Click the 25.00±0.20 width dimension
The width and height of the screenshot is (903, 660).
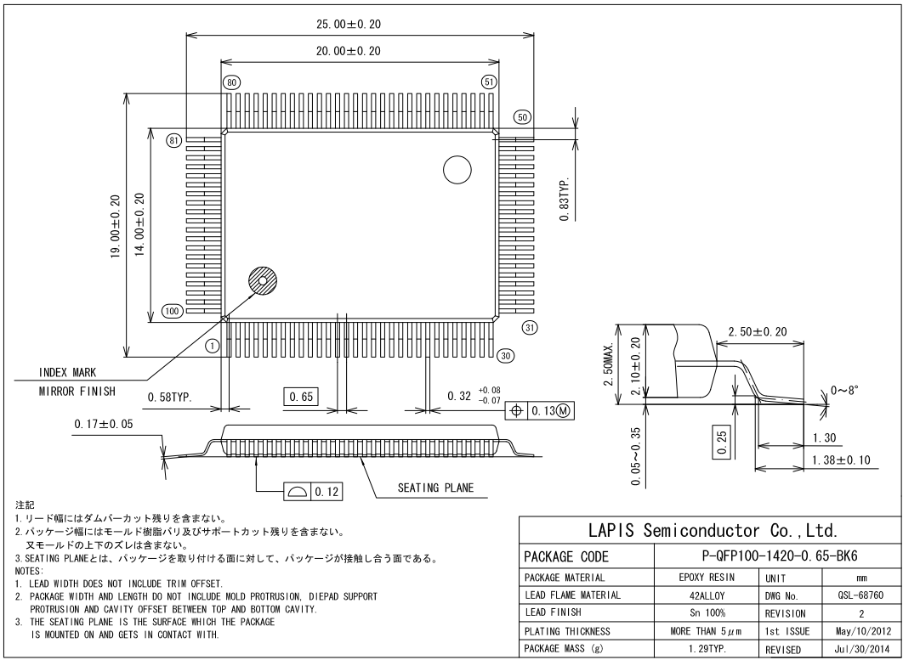click(x=343, y=24)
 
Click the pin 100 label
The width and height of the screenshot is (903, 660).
click(x=172, y=312)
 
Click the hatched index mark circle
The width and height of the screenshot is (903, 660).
click(x=263, y=281)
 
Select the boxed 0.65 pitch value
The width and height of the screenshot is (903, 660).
click(x=301, y=397)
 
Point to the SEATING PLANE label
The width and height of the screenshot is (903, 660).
click(x=434, y=488)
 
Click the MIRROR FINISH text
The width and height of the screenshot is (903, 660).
click(x=77, y=392)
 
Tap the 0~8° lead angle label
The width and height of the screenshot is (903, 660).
click(x=850, y=390)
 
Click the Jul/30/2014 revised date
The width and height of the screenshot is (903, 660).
click(x=860, y=648)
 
